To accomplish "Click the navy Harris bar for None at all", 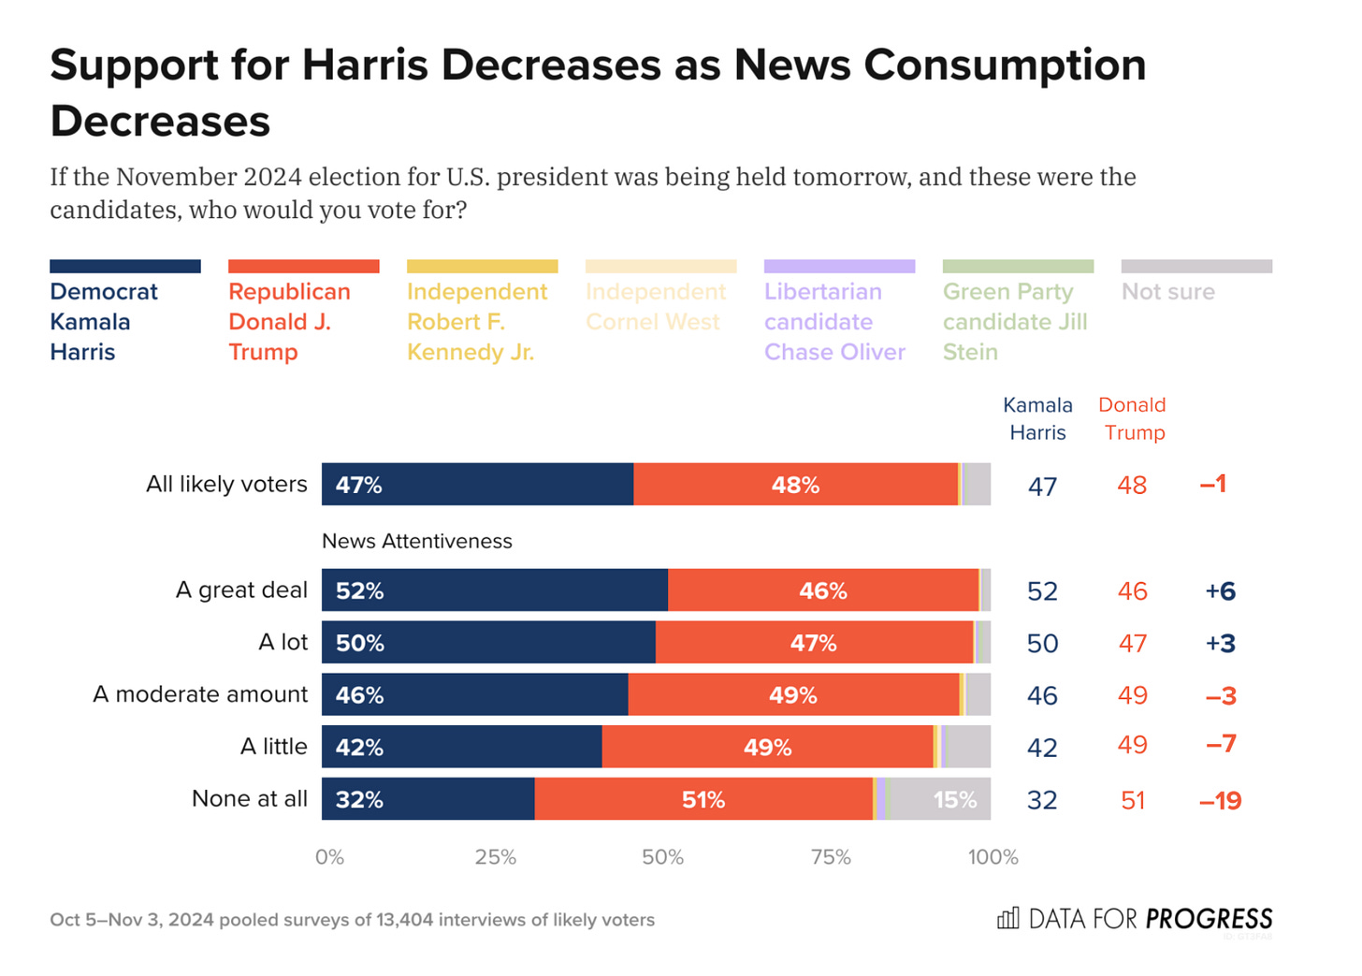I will point(427,799).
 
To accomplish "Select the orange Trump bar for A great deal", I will point(823,590).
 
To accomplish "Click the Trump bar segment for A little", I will point(767,747).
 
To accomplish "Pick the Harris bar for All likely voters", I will point(477,485).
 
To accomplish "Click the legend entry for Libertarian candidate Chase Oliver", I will point(835,321).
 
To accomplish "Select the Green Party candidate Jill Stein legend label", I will point(1015,321).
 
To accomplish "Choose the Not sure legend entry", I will point(1168,292).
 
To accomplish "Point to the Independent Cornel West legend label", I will point(655,306).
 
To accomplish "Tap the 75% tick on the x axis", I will point(831,857).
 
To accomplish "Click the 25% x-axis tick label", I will point(496,857).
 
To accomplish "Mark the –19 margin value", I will point(1220,801).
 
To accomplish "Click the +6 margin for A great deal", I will point(1220,591).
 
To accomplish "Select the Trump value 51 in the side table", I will point(1133,801).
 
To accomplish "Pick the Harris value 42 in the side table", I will point(1042,748).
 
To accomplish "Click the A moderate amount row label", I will point(200,694).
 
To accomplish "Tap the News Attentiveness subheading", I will point(417,541).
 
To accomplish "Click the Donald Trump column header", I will point(1133,418).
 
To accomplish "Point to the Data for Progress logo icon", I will point(1007,918).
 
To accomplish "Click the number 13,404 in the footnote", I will point(404,920).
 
